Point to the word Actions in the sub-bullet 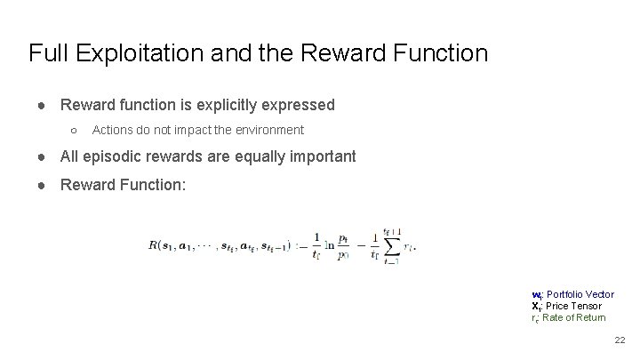113,130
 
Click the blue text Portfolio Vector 580,294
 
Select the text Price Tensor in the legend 573,306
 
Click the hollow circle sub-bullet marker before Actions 74,131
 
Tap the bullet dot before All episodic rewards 43,157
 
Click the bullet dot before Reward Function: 43,185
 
